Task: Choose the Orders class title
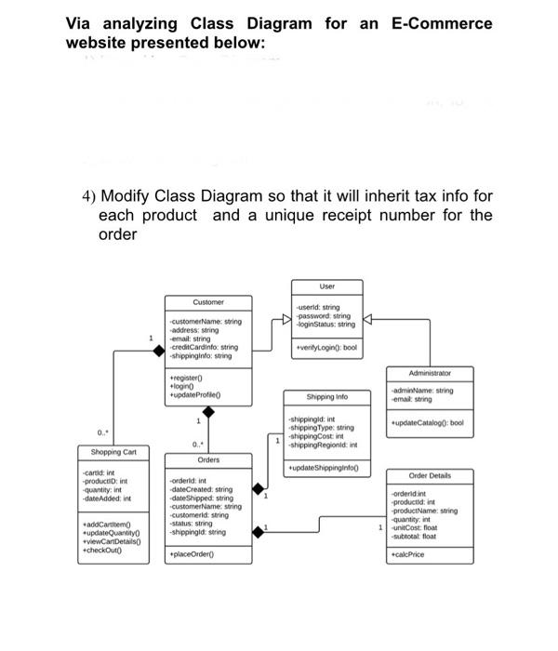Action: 209,459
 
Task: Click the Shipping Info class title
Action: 326,394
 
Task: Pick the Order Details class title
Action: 430,475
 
